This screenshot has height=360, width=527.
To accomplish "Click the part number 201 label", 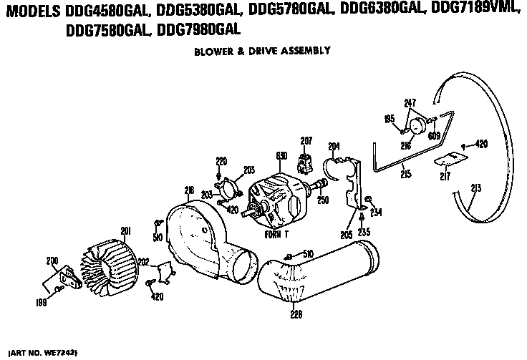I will tap(125, 230).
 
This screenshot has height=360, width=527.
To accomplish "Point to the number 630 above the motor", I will tap(281, 156).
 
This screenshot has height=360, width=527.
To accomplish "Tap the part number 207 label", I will tap(306, 140).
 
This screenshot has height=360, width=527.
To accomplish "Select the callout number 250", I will tap(323, 200).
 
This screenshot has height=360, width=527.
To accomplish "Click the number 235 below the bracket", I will tap(364, 233).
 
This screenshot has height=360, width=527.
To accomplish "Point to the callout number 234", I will tap(376, 211).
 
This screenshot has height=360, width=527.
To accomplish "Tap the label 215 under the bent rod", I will tap(405, 174).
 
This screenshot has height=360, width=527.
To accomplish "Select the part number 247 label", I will tap(410, 103).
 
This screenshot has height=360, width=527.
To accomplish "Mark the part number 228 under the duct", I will tap(295, 313).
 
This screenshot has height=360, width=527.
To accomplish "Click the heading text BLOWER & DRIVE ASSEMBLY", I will tap(262, 51).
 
